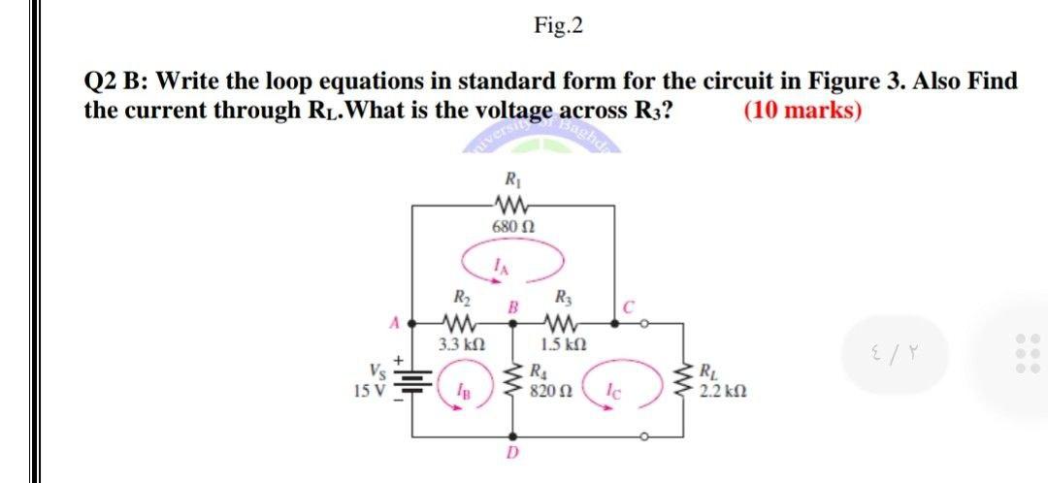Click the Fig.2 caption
[558, 25]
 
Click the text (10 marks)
[802, 110]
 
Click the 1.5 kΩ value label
[561, 344]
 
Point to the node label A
[395, 319]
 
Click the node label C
[629, 309]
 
